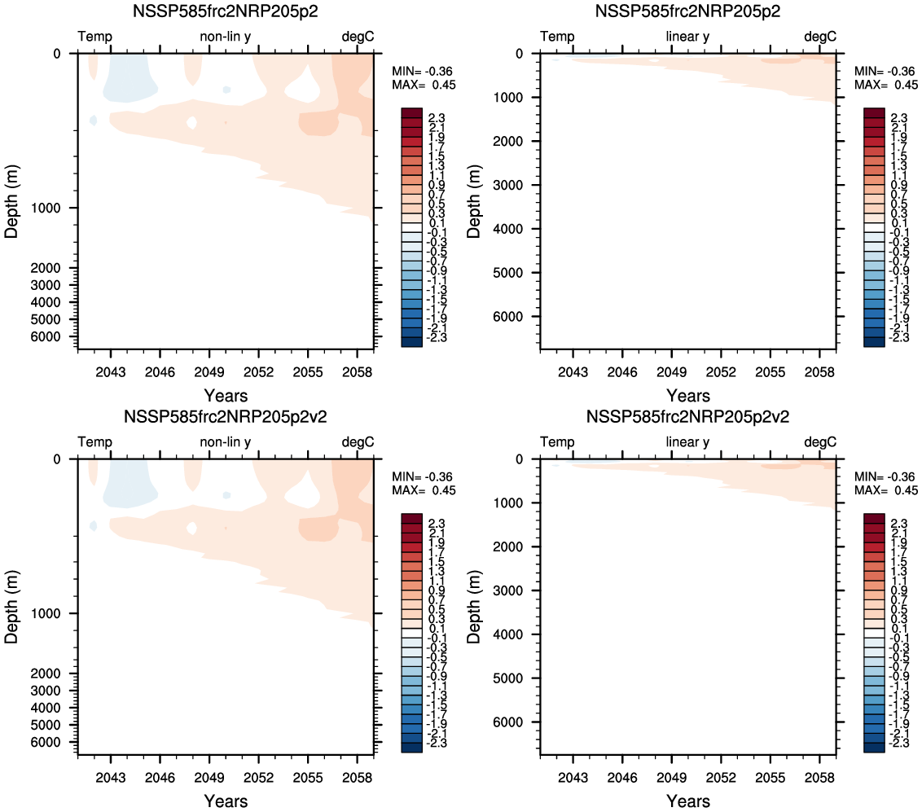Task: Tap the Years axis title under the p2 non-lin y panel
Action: pyautogui.click(x=226, y=396)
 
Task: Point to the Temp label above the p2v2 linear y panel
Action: pyautogui.click(x=557, y=442)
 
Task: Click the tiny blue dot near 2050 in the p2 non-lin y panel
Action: pyautogui.click(x=226, y=90)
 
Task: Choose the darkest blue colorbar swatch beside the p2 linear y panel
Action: pyautogui.click(x=875, y=342)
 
